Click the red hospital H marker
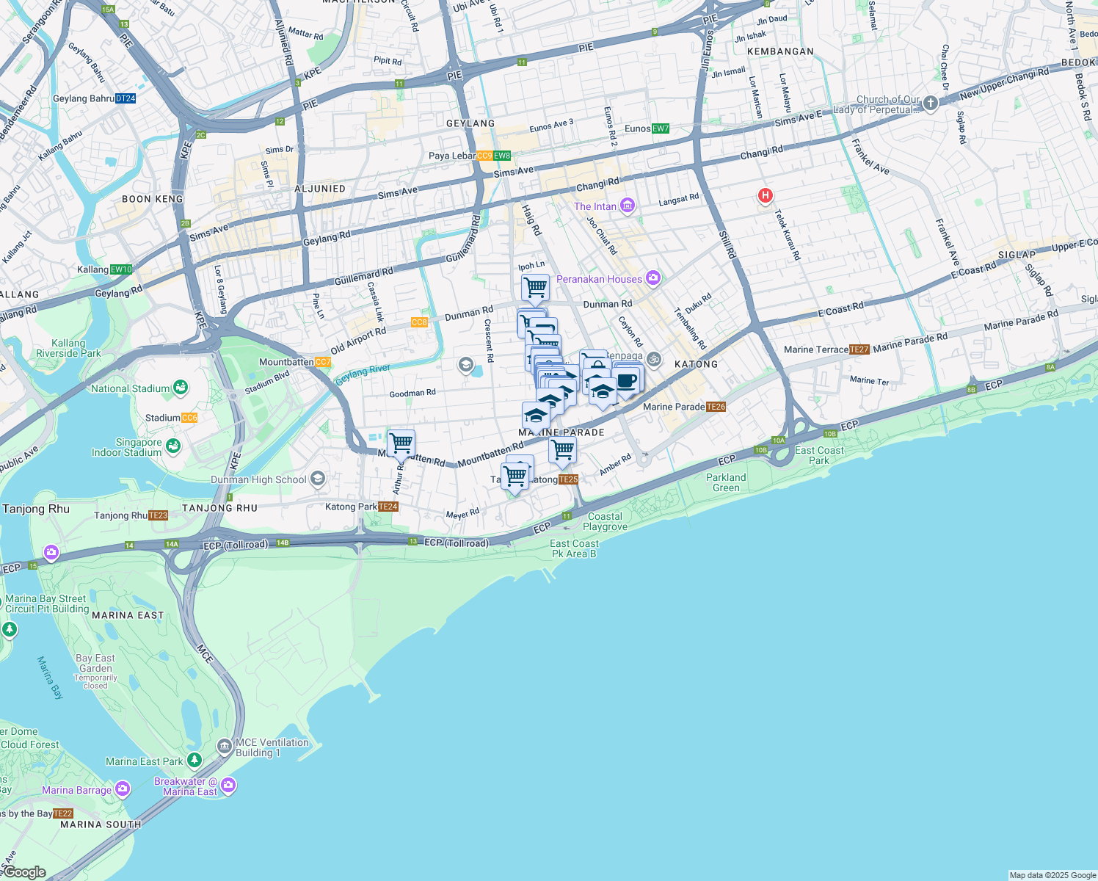[x=766, y=195]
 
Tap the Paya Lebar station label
[x=451, y=156]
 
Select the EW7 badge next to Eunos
[x=660, y=128]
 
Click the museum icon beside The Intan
[x=627, y=206]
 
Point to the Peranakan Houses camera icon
[x=653, y=278]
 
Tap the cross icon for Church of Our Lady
[x=930, y=103]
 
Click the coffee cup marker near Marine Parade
[x=626, y=381]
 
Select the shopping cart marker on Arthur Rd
[x=401, y=443]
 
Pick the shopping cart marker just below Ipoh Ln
[x=535, y=288]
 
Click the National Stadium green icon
[x=181, y=388]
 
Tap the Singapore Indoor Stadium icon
[x=173, y=446]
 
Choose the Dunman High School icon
[x=318, y=479]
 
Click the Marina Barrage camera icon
[x=122, y=789]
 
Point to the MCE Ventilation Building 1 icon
[x=225, y=747]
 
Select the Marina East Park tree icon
[x=194, y=761]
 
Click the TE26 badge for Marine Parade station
[x=716, y=407]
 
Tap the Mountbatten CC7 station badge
[x=323, y=362]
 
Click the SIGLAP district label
[x=1016, y=255]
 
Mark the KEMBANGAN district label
[x=780, y=51]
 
